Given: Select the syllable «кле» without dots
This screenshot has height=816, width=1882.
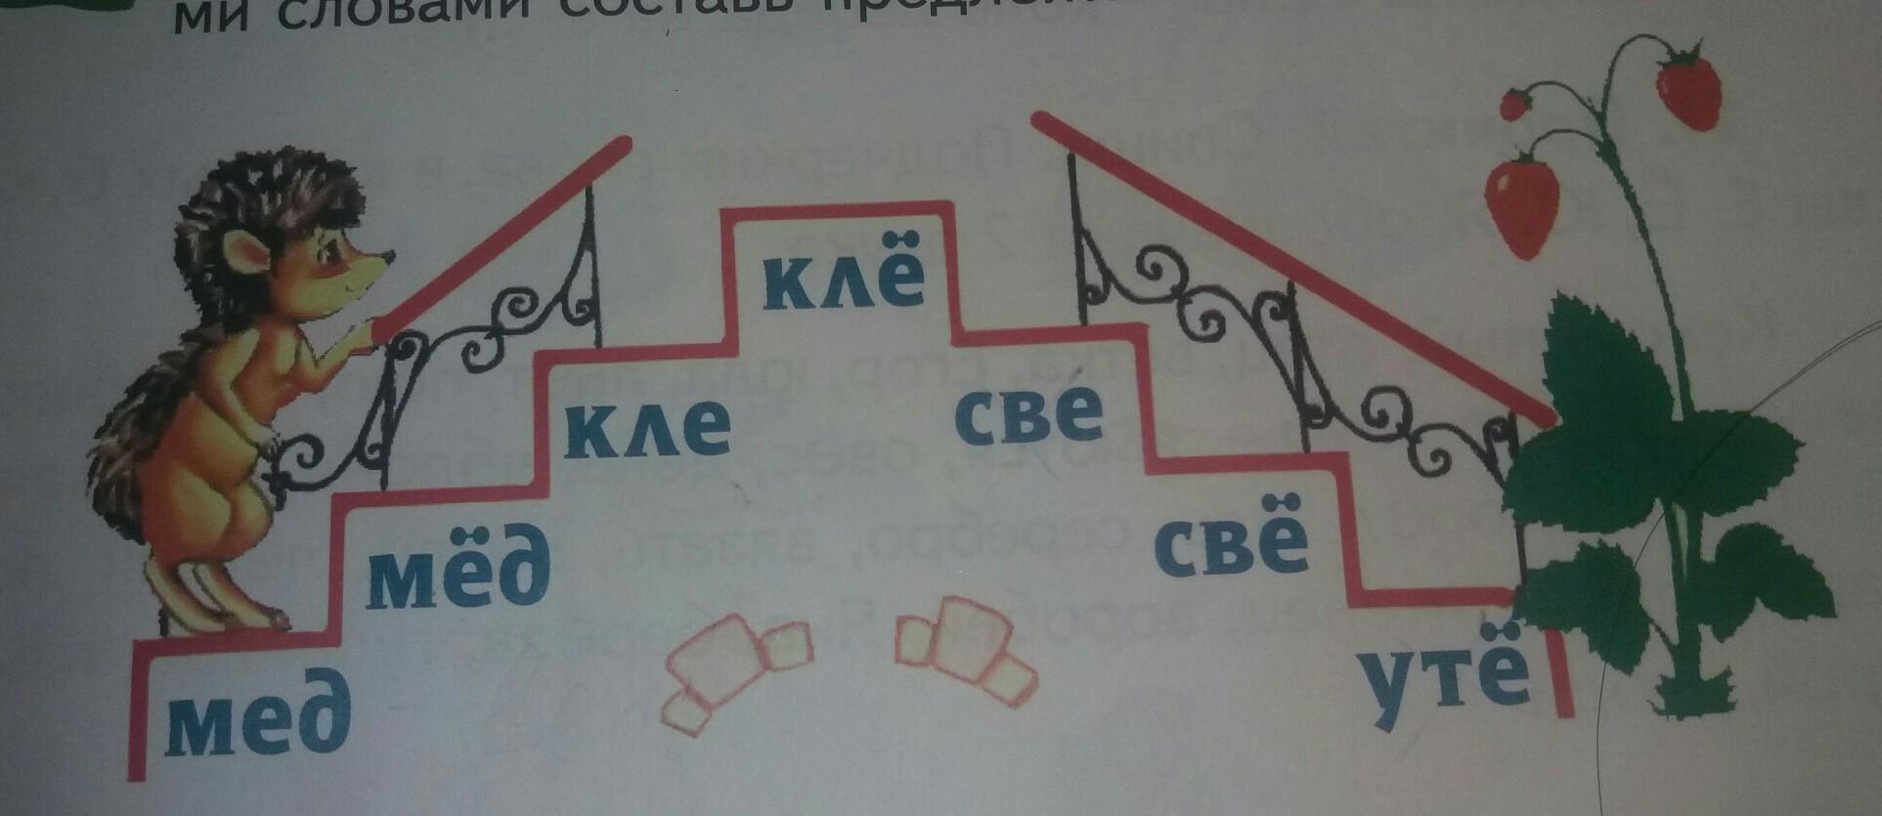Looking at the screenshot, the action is tap(646, 429).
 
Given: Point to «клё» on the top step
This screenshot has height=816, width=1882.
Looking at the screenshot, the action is tap(843, 279).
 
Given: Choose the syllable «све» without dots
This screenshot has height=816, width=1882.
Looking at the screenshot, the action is tap(1029, 414).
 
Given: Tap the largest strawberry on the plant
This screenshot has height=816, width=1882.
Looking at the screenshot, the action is tap(1522, 208).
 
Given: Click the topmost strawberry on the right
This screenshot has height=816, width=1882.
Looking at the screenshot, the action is tap(1688, 86).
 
